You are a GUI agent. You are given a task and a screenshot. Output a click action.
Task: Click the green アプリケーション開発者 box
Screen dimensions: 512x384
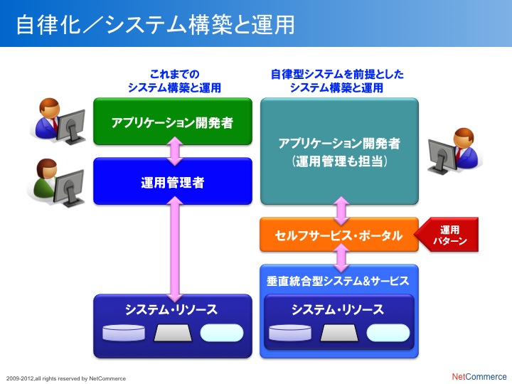pos(173,121)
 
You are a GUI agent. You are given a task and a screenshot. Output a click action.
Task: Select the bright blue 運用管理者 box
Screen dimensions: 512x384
pos(173,181)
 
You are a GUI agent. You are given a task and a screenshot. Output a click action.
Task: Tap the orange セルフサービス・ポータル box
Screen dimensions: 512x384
pos(339,235)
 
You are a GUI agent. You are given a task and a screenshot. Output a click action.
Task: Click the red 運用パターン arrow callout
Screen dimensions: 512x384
pos(447,235)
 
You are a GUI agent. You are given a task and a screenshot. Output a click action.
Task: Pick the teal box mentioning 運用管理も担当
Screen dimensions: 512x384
pos(340,151)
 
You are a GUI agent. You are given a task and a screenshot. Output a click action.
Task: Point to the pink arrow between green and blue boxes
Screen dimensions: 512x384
pos(175,151)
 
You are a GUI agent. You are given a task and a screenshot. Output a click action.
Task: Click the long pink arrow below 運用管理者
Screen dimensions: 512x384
pos(175,249)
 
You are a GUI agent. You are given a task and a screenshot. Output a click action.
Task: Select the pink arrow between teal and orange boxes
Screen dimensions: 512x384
pos(341,211)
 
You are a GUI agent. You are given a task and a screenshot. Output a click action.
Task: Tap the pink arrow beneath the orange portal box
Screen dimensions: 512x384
pos(341,258)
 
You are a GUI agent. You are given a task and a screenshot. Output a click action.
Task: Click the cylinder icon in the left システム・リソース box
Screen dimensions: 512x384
pos(124,333)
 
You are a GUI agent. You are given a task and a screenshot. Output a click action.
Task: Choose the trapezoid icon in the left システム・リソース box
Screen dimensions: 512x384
pos(173,333)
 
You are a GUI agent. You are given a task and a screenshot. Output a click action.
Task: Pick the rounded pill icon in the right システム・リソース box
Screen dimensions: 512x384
pos(388,333)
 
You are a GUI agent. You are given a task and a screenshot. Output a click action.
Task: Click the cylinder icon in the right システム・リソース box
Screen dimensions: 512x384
pos(290,333)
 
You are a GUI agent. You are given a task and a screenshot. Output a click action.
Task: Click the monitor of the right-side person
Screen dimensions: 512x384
pos(442,156)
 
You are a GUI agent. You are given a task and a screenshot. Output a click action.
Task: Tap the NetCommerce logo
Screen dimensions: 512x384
pos(479,376)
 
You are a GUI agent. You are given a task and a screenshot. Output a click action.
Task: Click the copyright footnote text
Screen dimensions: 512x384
pos(66,378)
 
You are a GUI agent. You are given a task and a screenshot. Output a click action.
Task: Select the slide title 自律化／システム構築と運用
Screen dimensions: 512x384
pos(156,24)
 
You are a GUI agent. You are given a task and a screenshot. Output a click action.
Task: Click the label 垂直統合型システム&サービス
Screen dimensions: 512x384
pos(338,281)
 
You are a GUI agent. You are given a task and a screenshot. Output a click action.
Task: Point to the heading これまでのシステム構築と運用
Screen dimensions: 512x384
pos(174,81)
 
